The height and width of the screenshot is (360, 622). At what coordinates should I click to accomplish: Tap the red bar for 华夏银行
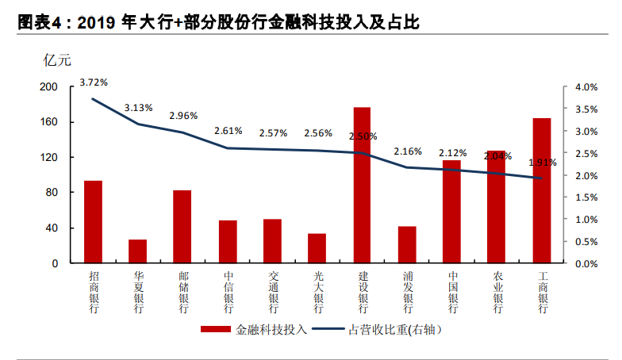coord(138,251)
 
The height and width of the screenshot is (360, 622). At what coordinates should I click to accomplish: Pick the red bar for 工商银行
coord(542,190)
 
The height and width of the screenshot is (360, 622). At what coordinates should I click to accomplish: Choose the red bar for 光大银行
coord(317,248)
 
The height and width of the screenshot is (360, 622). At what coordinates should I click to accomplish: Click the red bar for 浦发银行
coord(407,244)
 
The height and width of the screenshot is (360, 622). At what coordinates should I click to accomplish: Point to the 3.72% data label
coord(94,82)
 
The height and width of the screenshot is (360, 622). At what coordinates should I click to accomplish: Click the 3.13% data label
coord(138,108)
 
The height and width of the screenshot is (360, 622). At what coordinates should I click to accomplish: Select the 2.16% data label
coord(408,151)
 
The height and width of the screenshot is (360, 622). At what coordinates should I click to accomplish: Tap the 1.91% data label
coord(542,162)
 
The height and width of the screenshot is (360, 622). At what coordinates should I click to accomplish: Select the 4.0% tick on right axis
coord(585,87)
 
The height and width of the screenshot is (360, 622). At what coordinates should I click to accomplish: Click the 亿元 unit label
coord(55,59)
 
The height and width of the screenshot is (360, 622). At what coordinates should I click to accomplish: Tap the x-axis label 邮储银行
coord(183,293)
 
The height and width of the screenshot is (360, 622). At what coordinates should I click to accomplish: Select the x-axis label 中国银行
coord(452,293)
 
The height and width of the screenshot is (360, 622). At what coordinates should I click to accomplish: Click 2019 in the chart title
coord(98,24)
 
